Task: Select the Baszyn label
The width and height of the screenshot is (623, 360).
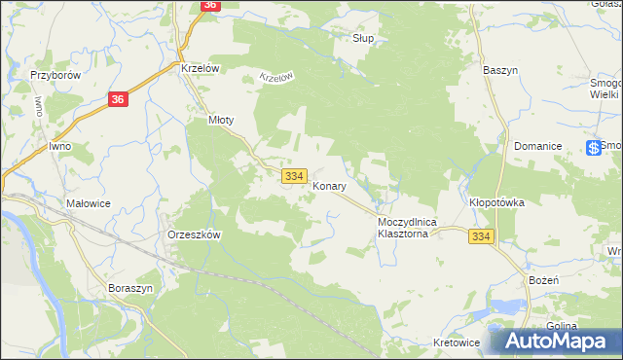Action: click(x=500, y=70)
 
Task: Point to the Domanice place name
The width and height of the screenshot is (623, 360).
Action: click(x=540, y=146)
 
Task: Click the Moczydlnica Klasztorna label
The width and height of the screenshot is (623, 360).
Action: click(x=408, y=229)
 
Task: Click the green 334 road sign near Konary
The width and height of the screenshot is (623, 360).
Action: click(x=296, y=175)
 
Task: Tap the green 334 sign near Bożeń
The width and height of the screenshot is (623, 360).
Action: click(x=481, y=237)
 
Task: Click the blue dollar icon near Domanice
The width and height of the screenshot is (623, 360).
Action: click(x=593, y=147)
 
